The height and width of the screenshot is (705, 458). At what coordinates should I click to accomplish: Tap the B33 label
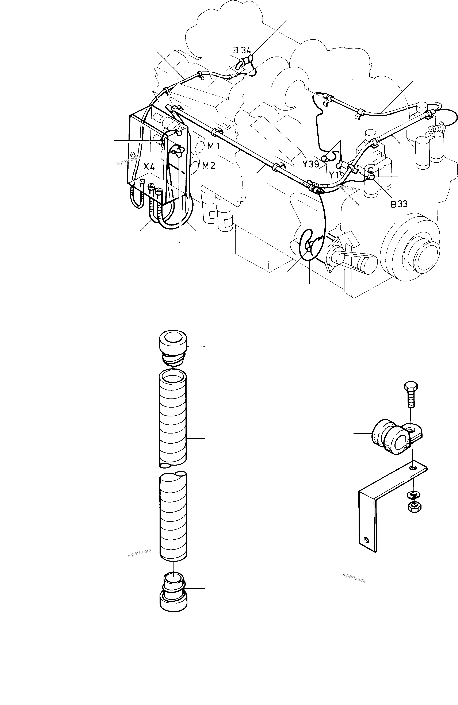click(x=399, y=204)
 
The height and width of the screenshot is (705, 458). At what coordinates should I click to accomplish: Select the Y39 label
click(x=310, y=164)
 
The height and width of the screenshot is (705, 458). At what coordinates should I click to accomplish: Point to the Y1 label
click(x=334, y=175)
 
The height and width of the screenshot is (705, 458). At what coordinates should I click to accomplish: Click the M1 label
click(x=213, y=146)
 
